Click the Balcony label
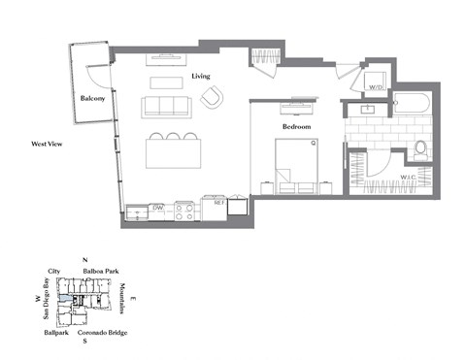[x=92, y=98]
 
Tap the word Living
[x=201, y=76]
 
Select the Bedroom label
[x=296, y=127]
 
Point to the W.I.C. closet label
[x=409, y=177]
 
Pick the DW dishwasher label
[x=158, y=207]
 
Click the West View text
[x=47, y=144]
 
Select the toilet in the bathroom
[x=419, y=148]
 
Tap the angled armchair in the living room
[x=212, y=96]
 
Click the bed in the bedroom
[x=300, y=163]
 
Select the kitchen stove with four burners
[x=183, y=208]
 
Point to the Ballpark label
[x=55, y=333]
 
